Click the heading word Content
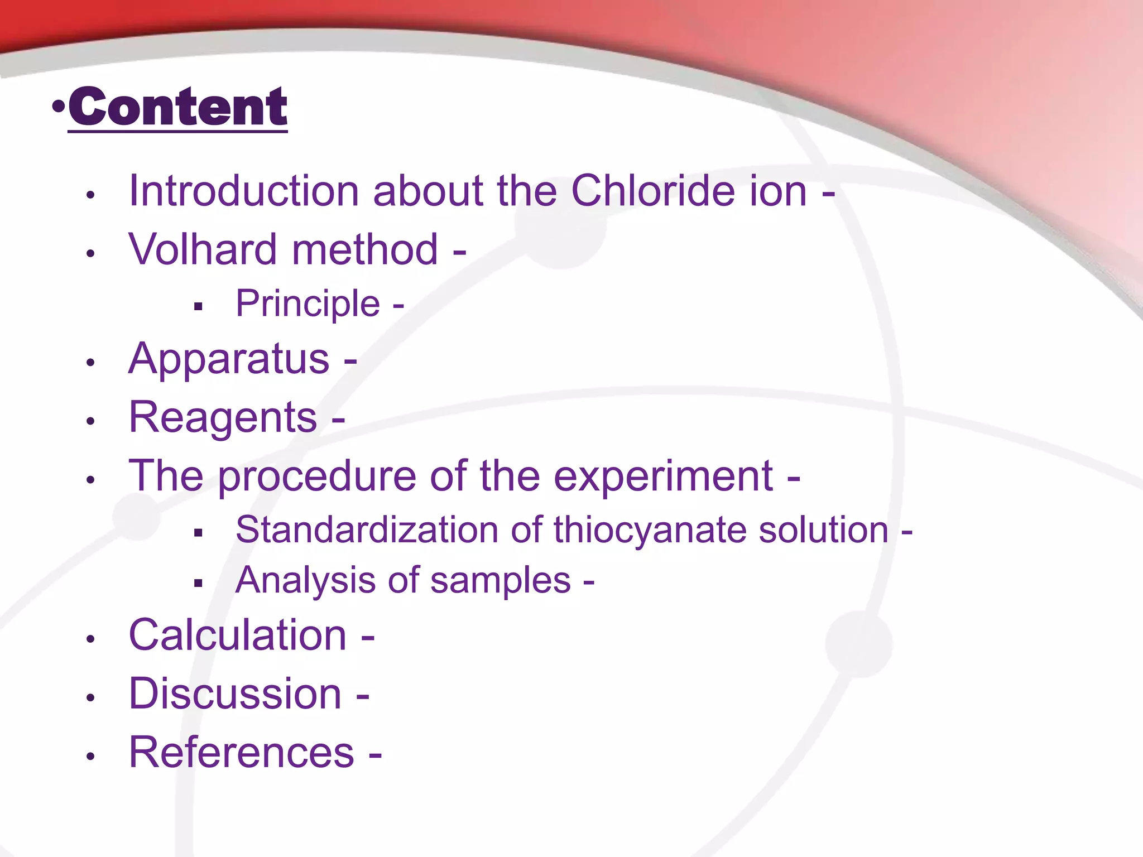(177, 107)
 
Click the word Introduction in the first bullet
(244, 191)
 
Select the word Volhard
(203, 249)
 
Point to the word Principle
(308, 304)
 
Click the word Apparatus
(229, 359)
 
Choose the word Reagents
(223, 418)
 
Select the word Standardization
(367, 529)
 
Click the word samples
(501, 581)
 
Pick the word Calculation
(238, 635)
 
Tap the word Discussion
(235, 694)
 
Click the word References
(241, 753)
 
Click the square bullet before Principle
(198, 306)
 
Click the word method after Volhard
(365, 249)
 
